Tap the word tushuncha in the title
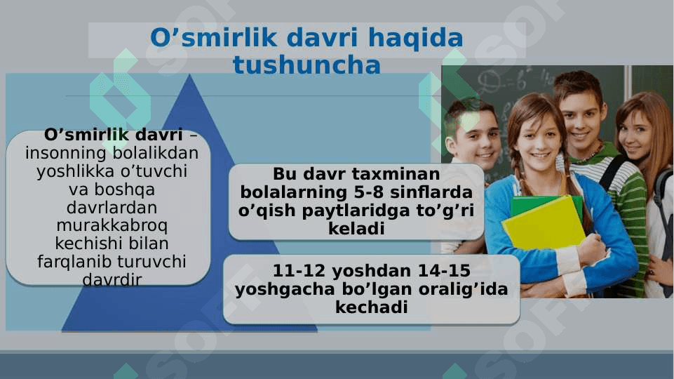pos(307,65)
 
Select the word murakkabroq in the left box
pos(112,225)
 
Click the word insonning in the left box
pos(66,153)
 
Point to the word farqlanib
pos(75,262)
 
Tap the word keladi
pos(356,228)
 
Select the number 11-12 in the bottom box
pos(299,271)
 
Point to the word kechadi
pos(372,307)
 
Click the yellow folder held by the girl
pos(544,226)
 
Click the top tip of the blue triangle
pos(189,74)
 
